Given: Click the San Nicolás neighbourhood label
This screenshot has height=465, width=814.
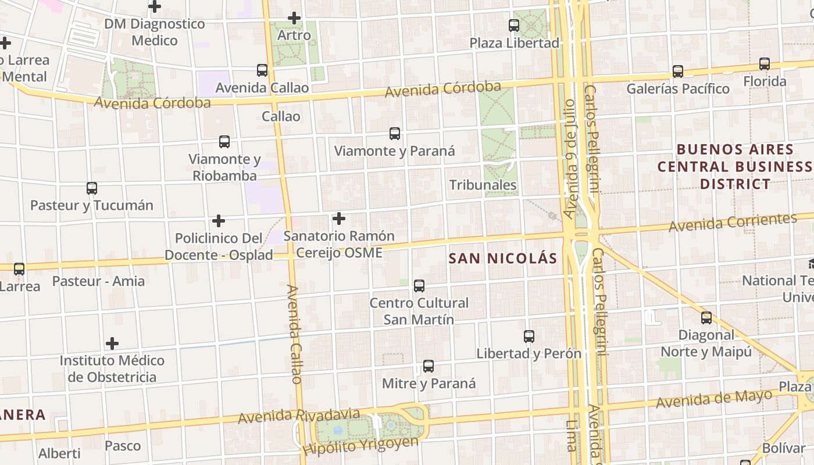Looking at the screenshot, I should [x=503, y=259].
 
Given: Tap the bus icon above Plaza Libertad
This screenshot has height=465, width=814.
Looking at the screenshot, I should [x=514, y=26].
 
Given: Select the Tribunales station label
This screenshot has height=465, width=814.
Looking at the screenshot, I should [x=483, y=185].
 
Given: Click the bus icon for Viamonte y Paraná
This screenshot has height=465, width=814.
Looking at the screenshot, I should [x=395, y=134].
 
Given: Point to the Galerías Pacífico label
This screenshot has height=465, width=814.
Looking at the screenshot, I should [x=677, y=89].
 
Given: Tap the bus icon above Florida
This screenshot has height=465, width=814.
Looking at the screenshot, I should [x=765, y=64].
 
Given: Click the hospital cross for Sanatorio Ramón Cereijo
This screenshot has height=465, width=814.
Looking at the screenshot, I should [x=339, y=219].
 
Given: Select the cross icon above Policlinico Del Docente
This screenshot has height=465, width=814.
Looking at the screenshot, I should [x=219, y=221].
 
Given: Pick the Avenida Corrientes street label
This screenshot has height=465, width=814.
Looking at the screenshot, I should [x=733, y=223].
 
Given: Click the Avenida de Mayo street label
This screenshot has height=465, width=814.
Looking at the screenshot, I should [x=714, y=399].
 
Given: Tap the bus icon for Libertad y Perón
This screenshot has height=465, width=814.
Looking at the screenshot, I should [x=529, y=337].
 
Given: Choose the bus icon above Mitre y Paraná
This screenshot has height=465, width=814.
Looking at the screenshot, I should [x=429, y=366].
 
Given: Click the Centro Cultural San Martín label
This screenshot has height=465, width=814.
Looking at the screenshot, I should [x=419, y=311].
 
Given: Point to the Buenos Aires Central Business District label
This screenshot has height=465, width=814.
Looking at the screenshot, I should [x=735, y=167].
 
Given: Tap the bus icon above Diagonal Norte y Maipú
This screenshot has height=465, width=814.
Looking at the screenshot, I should [x=706, y=318].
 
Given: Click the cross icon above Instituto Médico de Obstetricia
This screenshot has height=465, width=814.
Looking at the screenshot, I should [x=112, y=344].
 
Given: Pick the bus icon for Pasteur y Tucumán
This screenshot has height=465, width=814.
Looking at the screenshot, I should [x=92, y=188].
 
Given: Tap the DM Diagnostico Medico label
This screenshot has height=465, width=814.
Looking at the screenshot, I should [x=155, y=32].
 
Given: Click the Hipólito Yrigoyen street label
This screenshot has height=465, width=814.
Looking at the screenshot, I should [x=360, y=445].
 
